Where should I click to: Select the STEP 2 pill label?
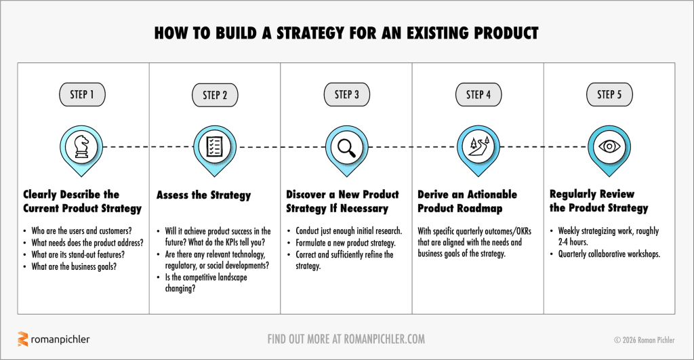click(215, 95)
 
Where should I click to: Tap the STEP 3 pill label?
click(347, 94)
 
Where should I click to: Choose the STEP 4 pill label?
click(478, 94)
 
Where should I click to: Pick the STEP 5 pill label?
click(609, 94)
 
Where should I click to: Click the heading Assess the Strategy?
click(203, 195)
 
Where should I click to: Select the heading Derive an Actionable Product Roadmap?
click(467, 201)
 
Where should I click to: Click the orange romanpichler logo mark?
click(23, 339)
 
